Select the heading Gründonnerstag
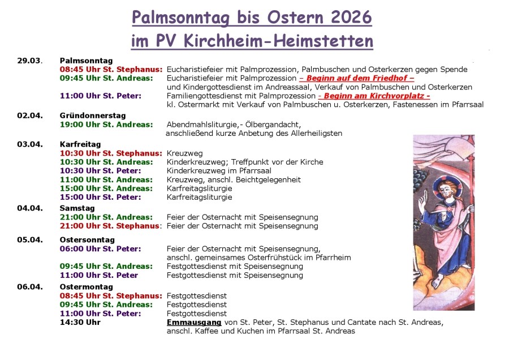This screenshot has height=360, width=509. (93, 115)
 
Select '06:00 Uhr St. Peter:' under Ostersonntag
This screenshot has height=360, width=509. (101, 248)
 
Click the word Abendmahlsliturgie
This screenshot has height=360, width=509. (200, 125)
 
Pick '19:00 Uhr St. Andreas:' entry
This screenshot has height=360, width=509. (106, 125)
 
